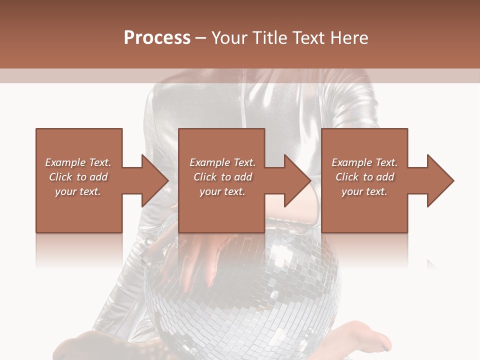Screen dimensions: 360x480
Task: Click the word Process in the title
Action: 157,38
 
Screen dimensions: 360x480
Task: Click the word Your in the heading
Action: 230,38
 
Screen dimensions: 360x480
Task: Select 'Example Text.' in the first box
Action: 78,162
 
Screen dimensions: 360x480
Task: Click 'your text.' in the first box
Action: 78,191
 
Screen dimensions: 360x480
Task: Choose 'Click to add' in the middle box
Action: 222,177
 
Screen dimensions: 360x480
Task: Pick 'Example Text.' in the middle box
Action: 222,162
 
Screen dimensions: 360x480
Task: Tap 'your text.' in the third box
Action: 364,191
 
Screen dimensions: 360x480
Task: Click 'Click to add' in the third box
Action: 364,177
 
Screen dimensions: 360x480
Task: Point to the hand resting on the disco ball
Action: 200,255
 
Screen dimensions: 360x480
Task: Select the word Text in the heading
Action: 307,38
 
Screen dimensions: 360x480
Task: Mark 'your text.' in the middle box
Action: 222,191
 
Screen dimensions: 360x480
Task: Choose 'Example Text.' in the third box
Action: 364,162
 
